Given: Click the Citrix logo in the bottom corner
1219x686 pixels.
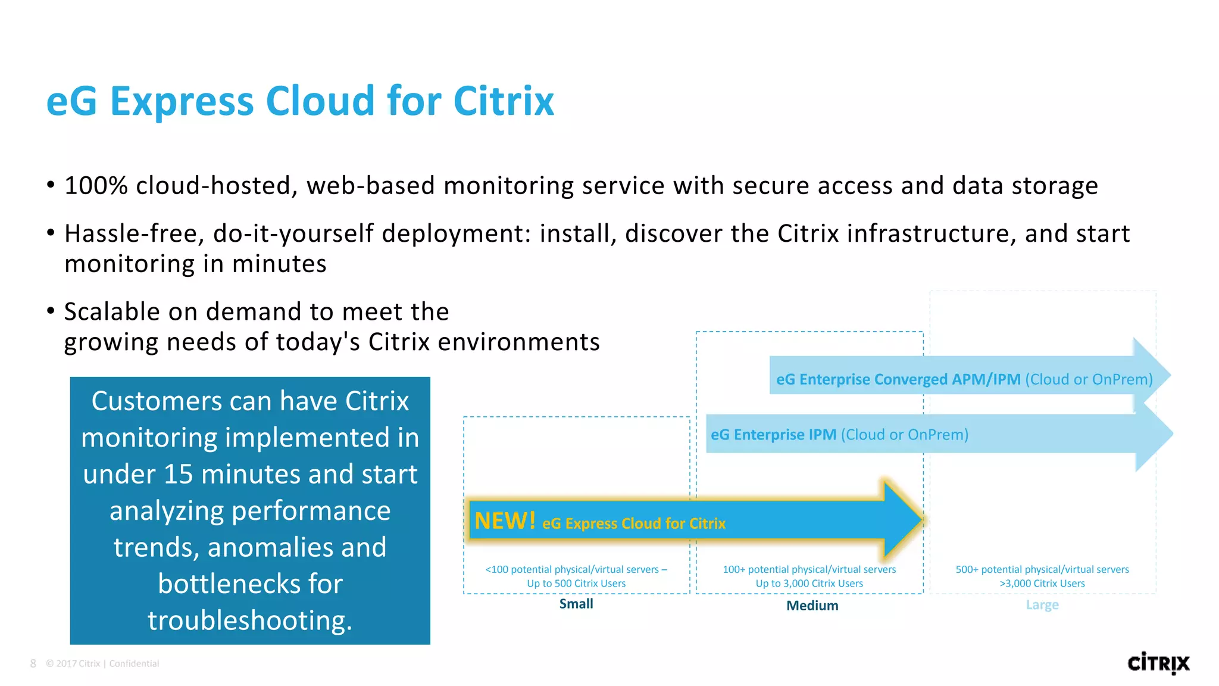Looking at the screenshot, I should (1158, 663).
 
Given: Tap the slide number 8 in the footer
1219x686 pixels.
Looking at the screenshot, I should (33, 663).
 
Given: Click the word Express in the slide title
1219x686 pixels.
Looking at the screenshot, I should (182, 101).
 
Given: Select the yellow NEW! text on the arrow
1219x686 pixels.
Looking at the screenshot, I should (505, 521).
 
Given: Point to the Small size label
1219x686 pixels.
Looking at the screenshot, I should (576, 604).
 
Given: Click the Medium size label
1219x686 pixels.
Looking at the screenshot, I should (812, 606).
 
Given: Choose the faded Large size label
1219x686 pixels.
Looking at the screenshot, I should (1042, 605).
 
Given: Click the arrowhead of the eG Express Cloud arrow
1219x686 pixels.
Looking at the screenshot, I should (902, 520).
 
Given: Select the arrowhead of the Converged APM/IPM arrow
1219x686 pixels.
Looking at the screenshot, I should (1151, 376).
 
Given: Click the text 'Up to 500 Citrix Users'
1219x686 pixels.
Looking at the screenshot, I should (576, 584).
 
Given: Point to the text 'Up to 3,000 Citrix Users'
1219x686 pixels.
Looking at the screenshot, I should (809, 584).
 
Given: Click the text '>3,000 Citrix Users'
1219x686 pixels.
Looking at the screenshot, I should (1042, 584).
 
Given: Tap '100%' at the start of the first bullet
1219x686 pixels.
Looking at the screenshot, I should (96, 186).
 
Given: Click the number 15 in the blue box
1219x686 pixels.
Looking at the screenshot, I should (178, 475).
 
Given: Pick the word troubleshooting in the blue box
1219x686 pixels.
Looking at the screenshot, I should (250, 620).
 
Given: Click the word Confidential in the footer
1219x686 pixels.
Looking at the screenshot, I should (134, 663).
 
